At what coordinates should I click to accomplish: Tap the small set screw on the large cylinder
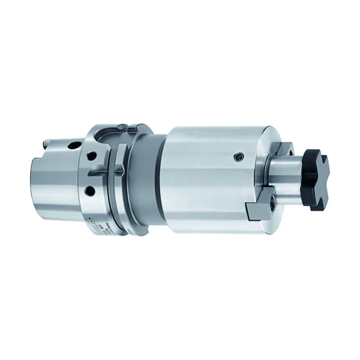pyautogui.click(x=239, y=157)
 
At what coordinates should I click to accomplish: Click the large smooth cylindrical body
pyautogui.click(x=204, y=180)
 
